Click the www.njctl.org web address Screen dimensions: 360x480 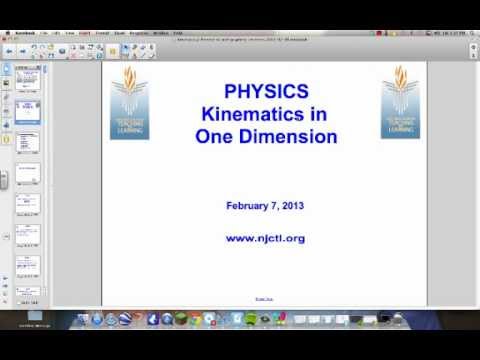pos(265,238)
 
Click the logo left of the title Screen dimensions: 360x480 pos(129,104)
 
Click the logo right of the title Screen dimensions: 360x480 pos(401,104)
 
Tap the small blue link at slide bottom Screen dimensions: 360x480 pos(265,297)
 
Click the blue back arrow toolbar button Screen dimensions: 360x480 pos(9,49)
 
